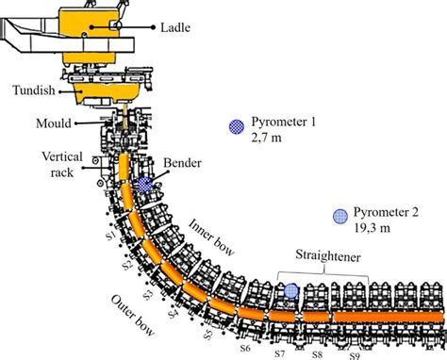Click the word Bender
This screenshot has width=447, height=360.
coord(183,164)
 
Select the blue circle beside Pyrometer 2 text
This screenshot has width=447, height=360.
coord(339,216)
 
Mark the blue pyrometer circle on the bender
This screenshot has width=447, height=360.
coord(145,186)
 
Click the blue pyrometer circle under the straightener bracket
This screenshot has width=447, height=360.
coord(290,292)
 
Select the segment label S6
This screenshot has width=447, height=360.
coord(243,348)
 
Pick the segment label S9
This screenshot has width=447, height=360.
coord(354,355)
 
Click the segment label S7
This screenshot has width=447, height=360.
coord(280,354)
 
